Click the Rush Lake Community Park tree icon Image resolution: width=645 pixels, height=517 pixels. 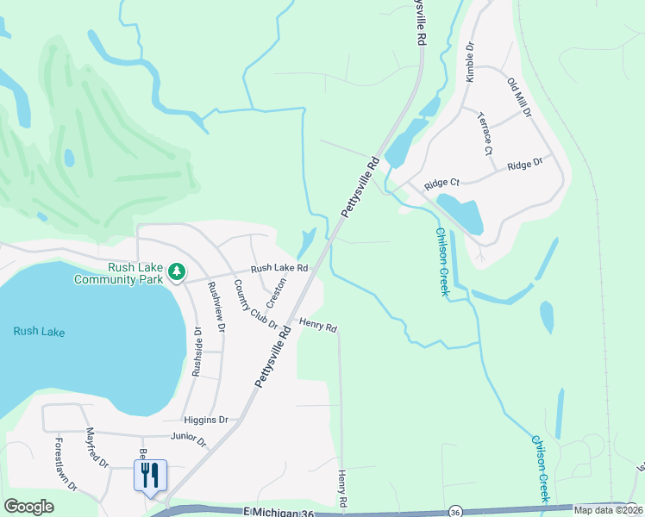177,272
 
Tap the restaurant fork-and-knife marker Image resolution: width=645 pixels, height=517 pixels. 150,474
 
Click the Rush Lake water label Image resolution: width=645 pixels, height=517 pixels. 39,332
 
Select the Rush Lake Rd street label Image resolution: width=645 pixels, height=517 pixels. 279,268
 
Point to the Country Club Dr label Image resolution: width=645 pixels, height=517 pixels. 255,306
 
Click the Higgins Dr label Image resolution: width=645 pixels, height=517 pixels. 206,420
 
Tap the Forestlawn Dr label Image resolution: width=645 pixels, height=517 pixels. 66,464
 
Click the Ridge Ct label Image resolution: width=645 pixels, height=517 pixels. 441,184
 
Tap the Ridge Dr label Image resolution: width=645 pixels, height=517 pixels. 524,164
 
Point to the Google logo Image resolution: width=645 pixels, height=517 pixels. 28,507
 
